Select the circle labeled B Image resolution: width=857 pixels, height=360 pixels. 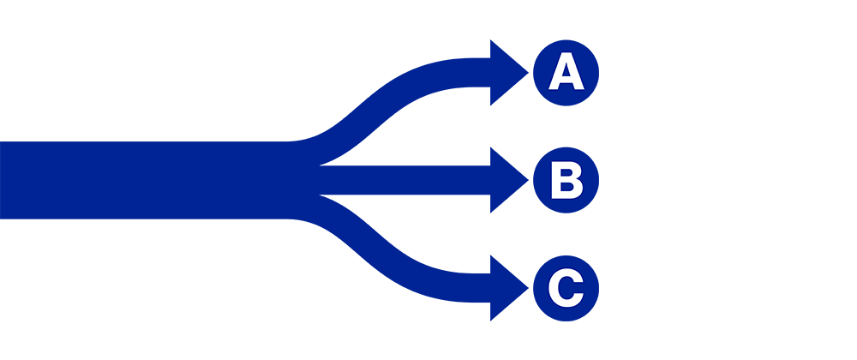(566, 180)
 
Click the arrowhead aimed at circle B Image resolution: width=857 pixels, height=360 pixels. (506, 180)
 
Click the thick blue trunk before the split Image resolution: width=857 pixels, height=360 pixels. (146, 180)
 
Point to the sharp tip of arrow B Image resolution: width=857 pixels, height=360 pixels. (528, 180)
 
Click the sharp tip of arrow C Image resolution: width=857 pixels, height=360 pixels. (528, 287)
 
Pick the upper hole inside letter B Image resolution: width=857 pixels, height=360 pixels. (564, 172)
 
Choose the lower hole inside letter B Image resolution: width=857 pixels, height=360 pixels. (565, 188)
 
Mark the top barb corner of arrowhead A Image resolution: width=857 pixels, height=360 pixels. (491, 40)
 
